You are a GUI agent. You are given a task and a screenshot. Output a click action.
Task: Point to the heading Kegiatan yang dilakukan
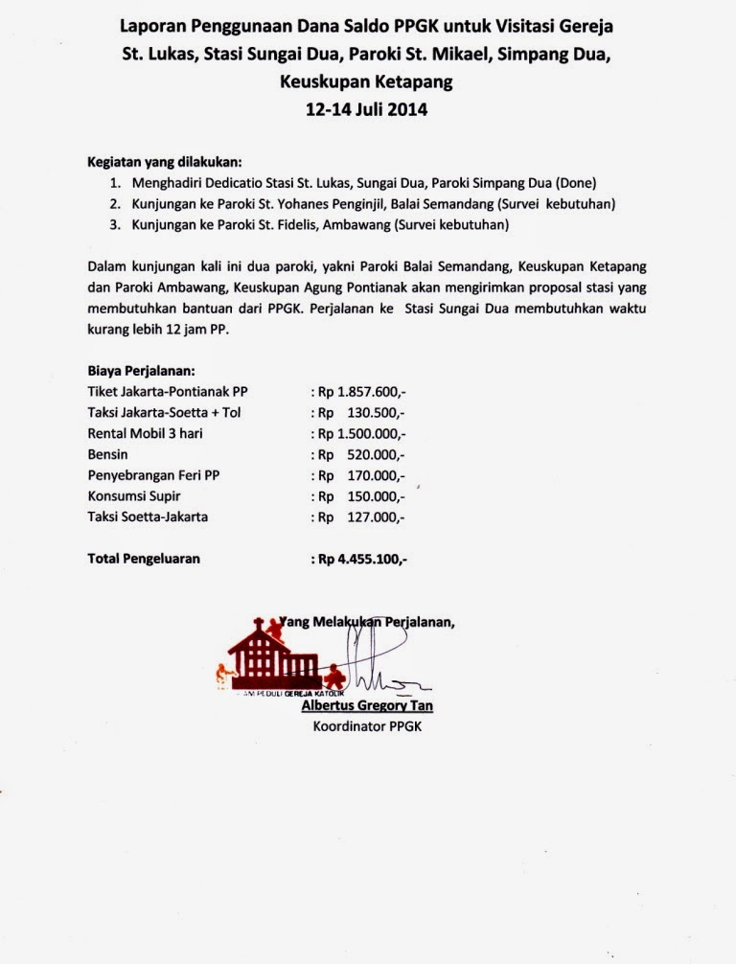165,161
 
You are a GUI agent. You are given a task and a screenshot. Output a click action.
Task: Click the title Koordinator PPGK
367,726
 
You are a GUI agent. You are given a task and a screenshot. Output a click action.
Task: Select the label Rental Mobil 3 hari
145,433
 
